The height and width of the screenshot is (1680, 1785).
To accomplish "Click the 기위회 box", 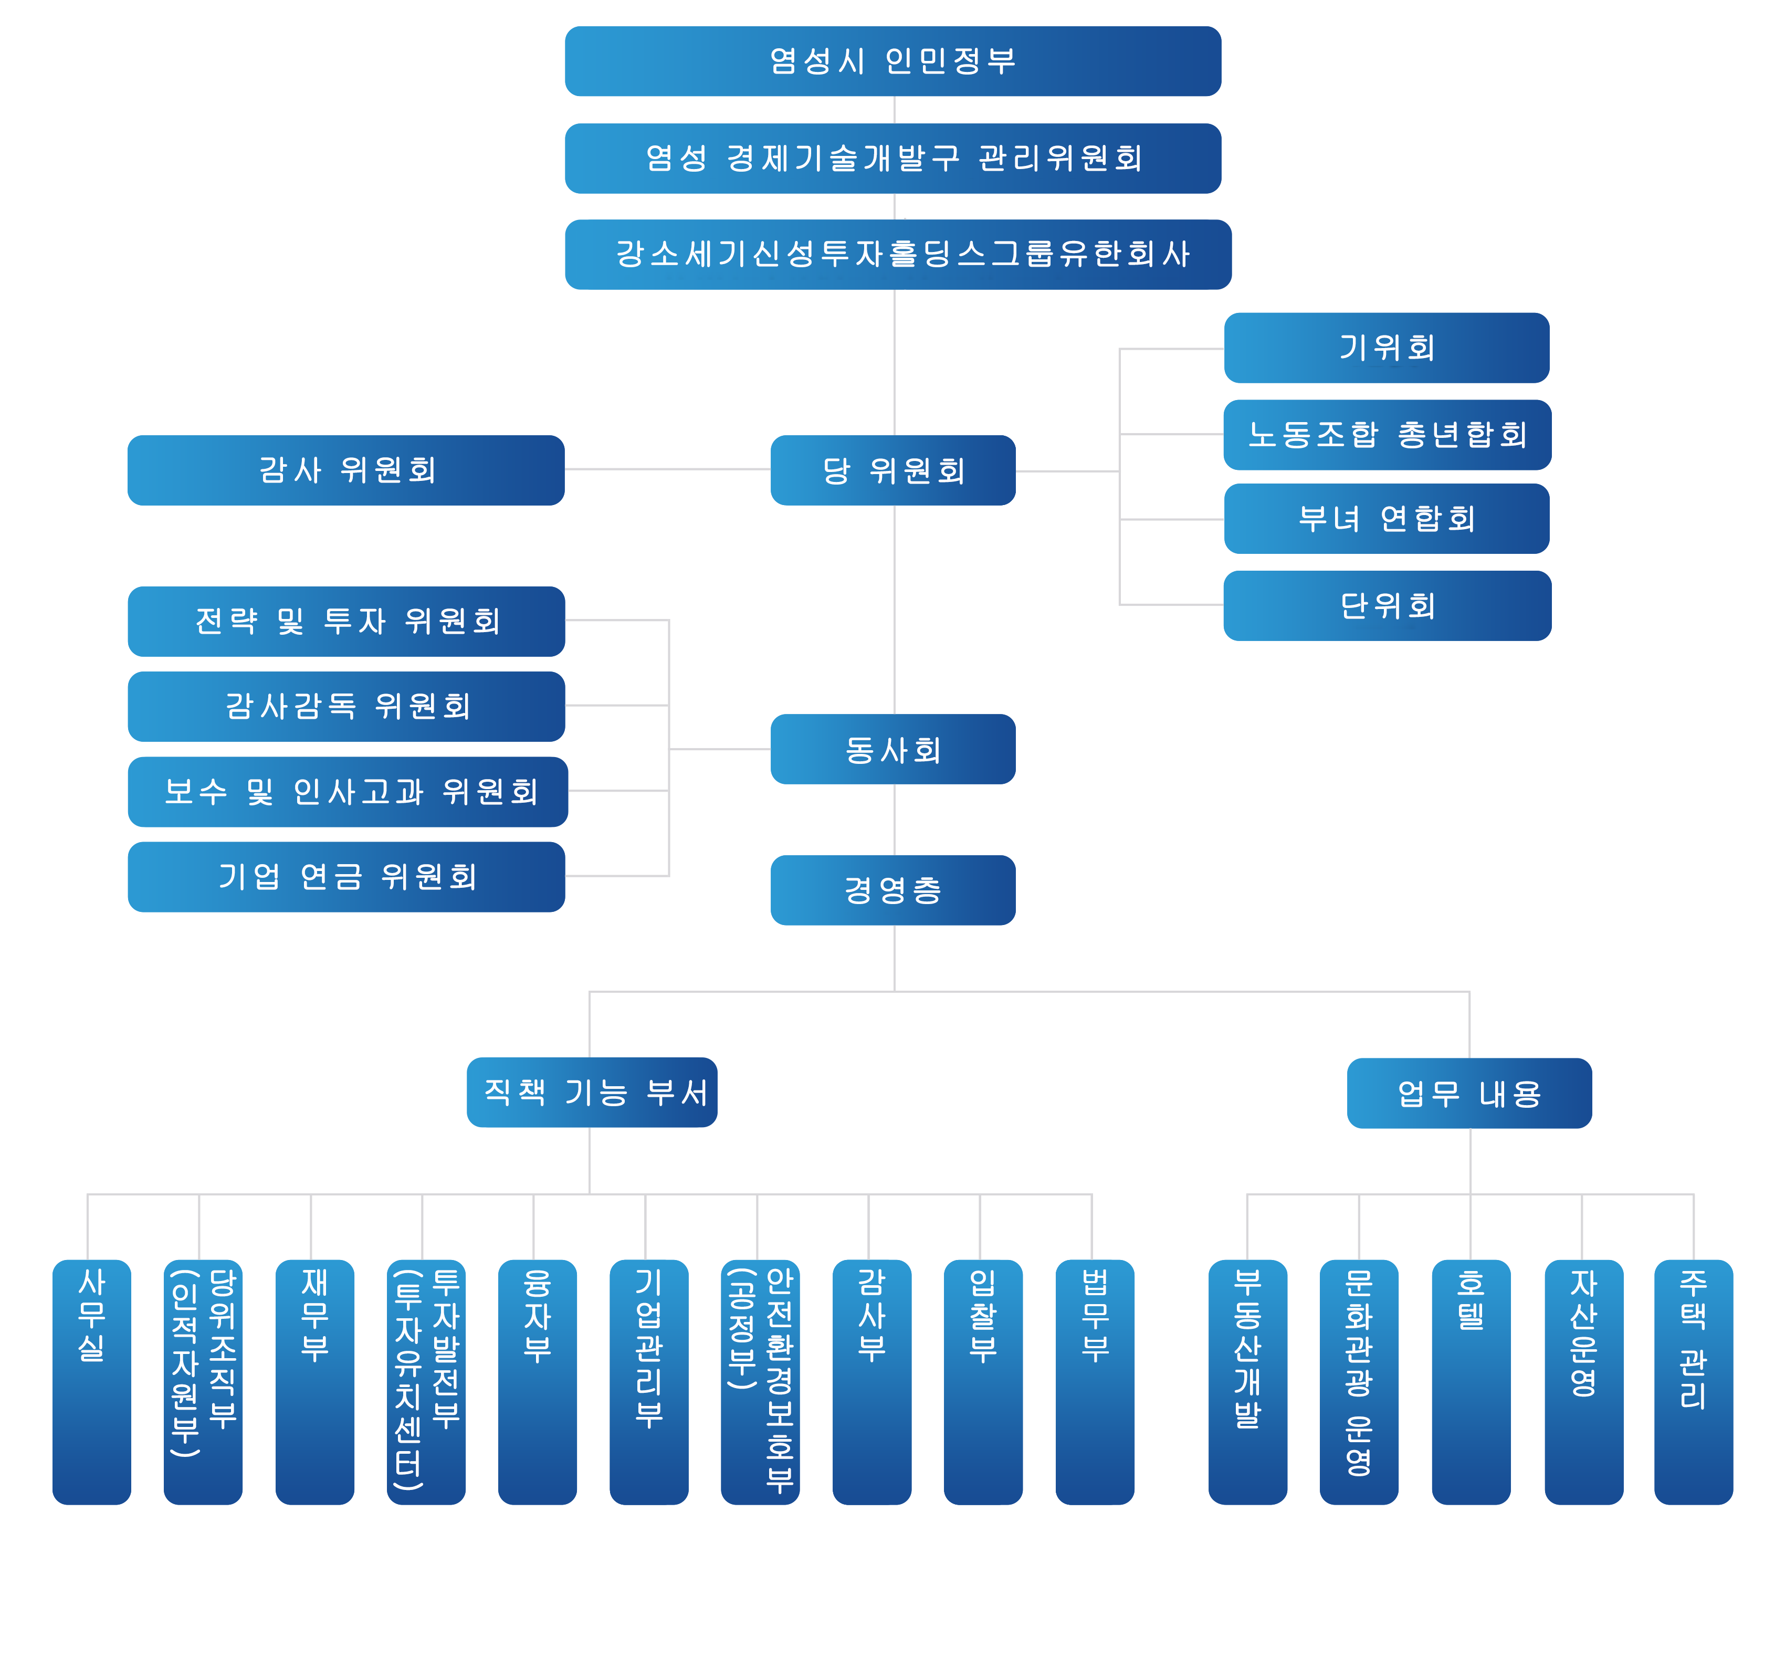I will coord(1387,348).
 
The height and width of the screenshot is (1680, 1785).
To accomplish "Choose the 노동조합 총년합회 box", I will coord(1387,435).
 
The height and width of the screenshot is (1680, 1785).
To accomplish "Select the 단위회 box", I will coord(1387,605).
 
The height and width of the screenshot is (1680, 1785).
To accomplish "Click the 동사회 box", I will coord(894,749).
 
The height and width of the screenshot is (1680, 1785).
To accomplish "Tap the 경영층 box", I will coord(894,890).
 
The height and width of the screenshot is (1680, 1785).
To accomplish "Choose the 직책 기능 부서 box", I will coord(593,1092).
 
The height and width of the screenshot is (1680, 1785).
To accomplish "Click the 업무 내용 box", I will coord(1469,1093).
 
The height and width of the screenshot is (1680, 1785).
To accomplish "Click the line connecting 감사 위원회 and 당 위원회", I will coord(667,469).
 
